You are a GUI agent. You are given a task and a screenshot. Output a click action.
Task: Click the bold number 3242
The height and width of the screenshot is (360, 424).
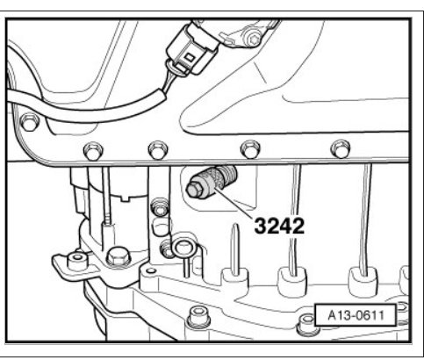pyautogui.click(x=279, y=226)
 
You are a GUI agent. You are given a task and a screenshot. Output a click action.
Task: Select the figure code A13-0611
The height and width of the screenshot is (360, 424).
pyautogui.click(x=356, y=315)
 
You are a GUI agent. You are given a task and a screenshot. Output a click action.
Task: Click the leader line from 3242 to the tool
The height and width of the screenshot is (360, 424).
pyautogui.click(x=234, y=204)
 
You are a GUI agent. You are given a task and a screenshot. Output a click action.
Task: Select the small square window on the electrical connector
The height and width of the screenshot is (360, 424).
pyautogui.click(x=190, y=58)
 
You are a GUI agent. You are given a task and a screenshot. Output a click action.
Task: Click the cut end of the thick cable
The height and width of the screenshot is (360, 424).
pyautogui.click(x=162, y=96)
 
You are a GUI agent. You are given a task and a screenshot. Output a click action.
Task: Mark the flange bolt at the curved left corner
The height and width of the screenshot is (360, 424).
pyautogui.click(x=30, y=123)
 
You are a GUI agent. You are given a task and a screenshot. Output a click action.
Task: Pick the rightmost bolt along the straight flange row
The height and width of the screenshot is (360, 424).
pyautogui.click(x=341, y=149)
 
